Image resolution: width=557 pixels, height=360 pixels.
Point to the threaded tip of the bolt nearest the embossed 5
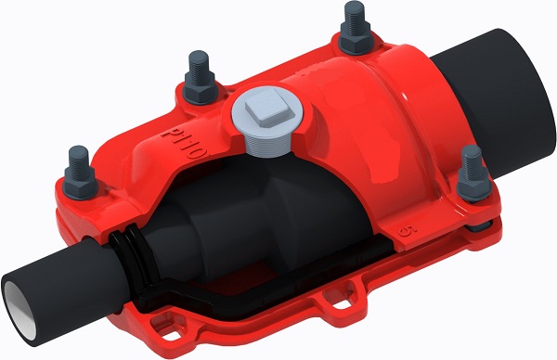471,153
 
